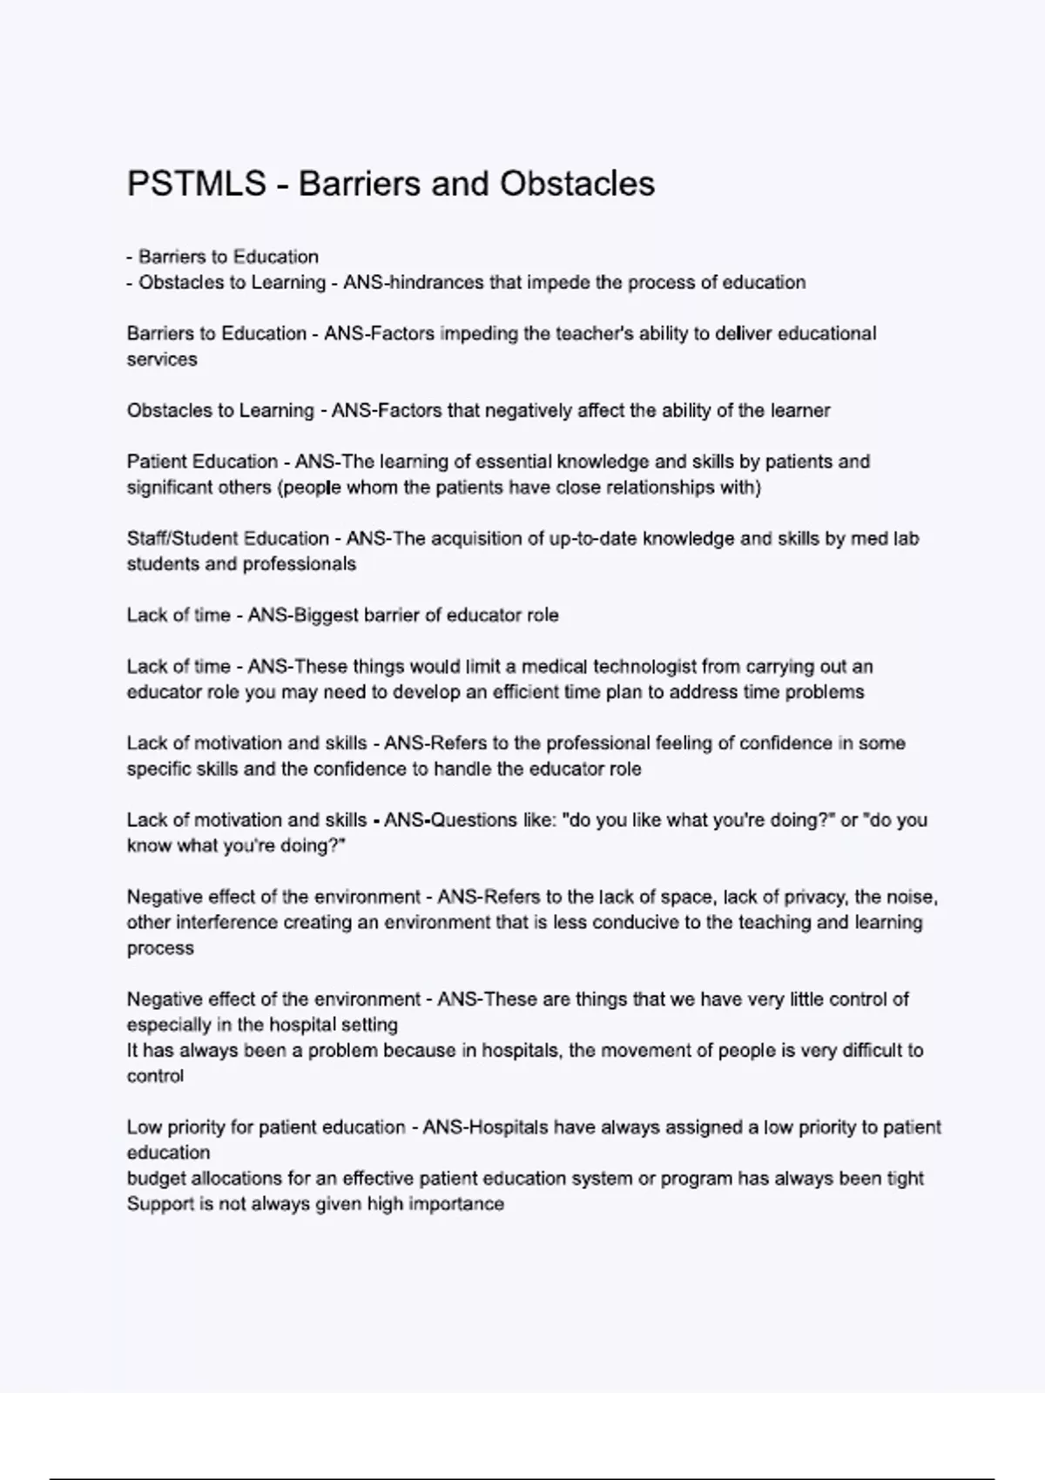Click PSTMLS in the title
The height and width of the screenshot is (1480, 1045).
pos(196,184)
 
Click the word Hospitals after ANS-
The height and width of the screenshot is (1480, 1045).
pos(509,1127)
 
